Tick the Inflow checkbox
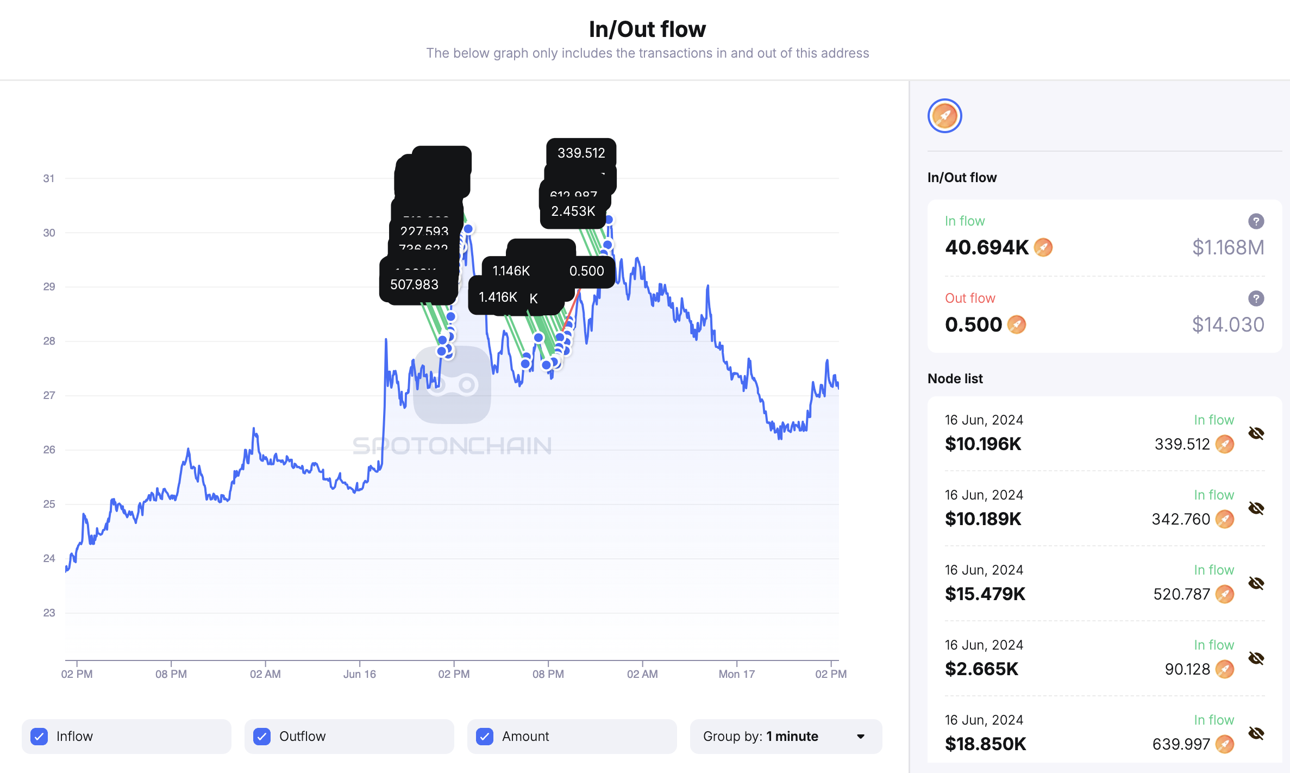tap(39, 736)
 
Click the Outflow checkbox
tap(262, 736)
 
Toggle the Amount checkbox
tap(485, 736)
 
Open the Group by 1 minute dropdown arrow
tap(861, 737)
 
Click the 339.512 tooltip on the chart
tap(581, 153)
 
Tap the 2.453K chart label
tap(573, 211)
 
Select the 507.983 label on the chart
tap(414, 284)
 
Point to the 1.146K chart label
tap(511, 271)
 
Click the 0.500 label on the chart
tap(586, 271)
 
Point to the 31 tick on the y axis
tap(49, 178)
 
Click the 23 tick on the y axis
tap(49, 613)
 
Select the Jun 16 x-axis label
tap(359, 674)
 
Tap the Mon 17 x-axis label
tap(736, 674)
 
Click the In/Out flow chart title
tap(647, 29)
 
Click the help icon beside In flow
tap(1256, 221)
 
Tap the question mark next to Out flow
tap(1256, 298)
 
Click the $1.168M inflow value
tap(1228, 248)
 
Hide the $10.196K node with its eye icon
tap(1256, 433)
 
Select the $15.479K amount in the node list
tap(985, 594)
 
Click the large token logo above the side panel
tap(944, 116)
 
